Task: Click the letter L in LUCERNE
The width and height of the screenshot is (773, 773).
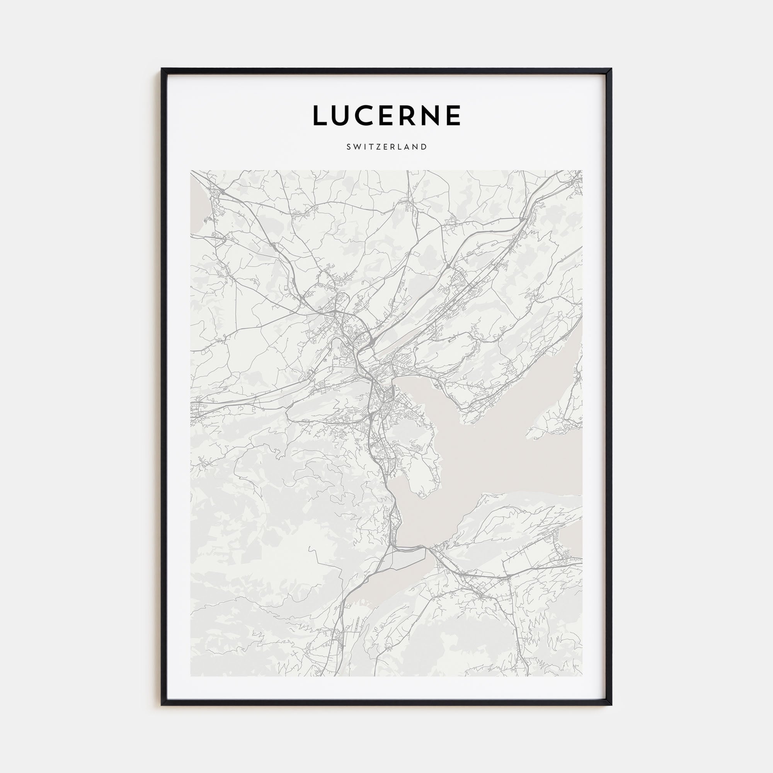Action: pyautogui.click(x=320, y=116)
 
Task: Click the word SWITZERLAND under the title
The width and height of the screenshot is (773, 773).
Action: pyautogui.click(x=386, y=147)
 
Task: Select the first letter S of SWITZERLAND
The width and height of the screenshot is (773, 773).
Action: pyautogui.click(x=349, y=147)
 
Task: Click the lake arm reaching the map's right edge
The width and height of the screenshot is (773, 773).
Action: pyautogui.click(x=560, y=460)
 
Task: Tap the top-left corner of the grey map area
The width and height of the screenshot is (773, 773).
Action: pyautogui.click(x=191, y=171)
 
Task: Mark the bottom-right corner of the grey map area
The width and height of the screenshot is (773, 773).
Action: pyautogui.click(x=582, y=676)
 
